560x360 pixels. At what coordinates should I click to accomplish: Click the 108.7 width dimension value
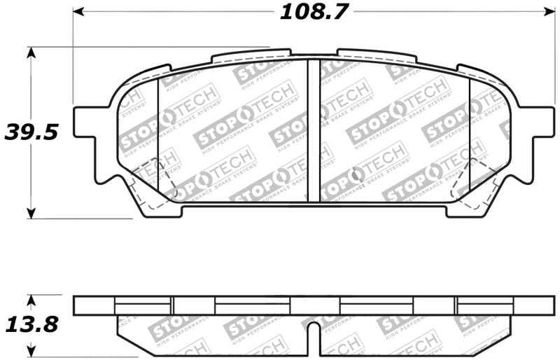coord(314,12)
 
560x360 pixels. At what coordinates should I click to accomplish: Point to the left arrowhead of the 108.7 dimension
coord(79,12)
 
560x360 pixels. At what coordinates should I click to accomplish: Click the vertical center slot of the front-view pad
coord(314,130)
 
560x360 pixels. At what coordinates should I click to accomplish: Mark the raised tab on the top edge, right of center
coord(374,55)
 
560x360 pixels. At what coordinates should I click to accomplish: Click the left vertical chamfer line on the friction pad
coord(160,133)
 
